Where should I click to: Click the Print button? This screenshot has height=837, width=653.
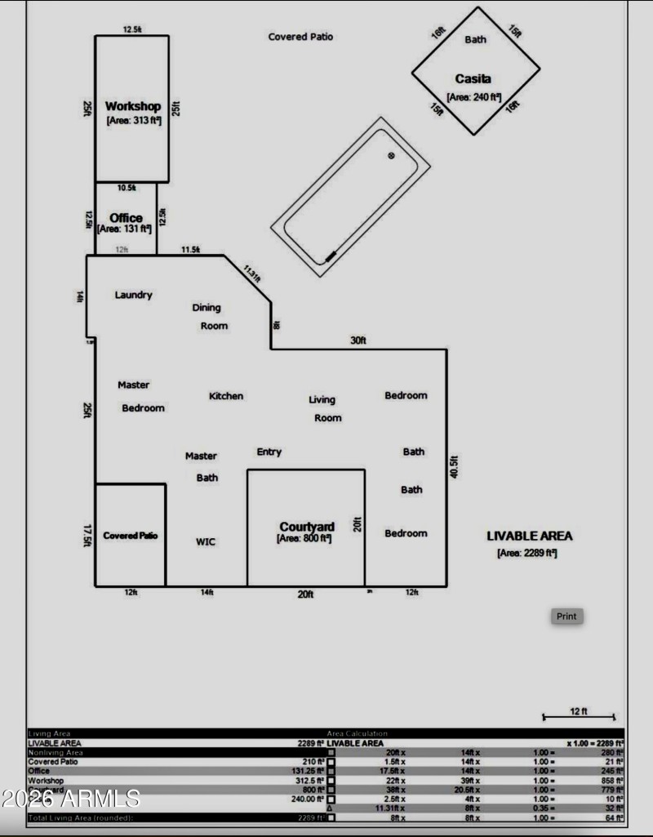(566, 617)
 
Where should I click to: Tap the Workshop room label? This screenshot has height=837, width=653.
(133, 106)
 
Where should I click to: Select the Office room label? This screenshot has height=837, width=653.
(126, 218)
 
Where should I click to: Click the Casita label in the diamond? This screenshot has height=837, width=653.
(473, 78)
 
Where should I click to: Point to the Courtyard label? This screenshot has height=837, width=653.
(307, 527)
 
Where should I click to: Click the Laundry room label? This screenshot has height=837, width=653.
(133, 295)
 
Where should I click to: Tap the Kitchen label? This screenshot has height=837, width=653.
(226, 396)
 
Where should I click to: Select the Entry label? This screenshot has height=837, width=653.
(269, 452)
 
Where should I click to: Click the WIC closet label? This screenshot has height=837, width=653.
(206, 541)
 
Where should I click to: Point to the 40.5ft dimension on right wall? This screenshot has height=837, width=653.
(455, 467)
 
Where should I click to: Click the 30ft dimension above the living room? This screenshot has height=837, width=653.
(358, 341)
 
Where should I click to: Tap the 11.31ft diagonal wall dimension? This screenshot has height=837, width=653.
(251, 272)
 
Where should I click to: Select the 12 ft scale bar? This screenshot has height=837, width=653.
(579, 716)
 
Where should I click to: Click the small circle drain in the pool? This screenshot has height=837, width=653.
(391, 155)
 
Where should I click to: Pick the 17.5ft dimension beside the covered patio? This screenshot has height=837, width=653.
(87, 536)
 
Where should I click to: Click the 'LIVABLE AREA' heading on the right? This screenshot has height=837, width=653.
(530, 536)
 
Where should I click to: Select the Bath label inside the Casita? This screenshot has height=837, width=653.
(475, 39)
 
